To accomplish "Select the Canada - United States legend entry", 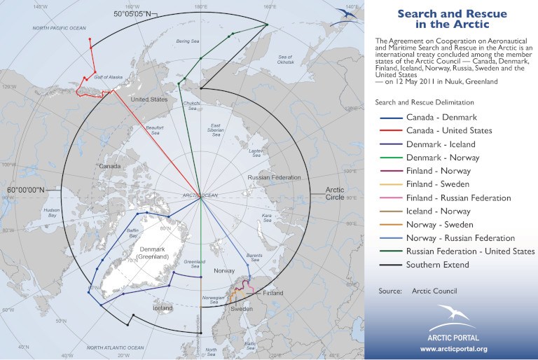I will click(x=448, y=130).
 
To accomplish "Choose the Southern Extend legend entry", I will click(x=437, y=265).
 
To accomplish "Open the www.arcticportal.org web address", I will click(x=453, y=348).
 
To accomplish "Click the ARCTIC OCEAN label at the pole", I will click(x=200, y=194).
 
